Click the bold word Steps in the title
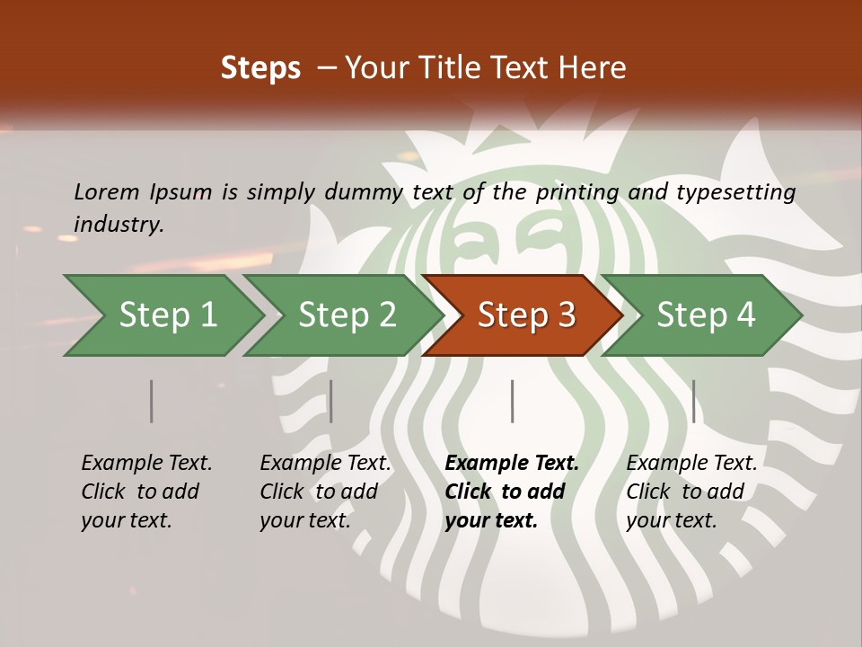tap(260, 68)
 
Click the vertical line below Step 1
tap(152, 401)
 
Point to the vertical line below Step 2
tap(331, 401)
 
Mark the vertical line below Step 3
tap(512, 401)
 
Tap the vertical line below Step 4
tap(693, 401)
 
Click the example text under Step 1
tap(146, 492)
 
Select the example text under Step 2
tap(325, 492)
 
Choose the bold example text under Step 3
tap(511, 492)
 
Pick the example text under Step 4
tap(691, 492)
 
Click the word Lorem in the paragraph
tap(107, 191)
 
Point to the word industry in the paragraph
tap(118, 225)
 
